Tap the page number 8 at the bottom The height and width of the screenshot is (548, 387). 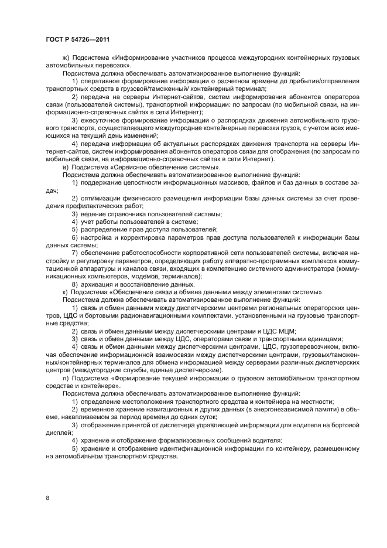tap(47, 498)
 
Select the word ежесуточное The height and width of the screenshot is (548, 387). tap(103, 120)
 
